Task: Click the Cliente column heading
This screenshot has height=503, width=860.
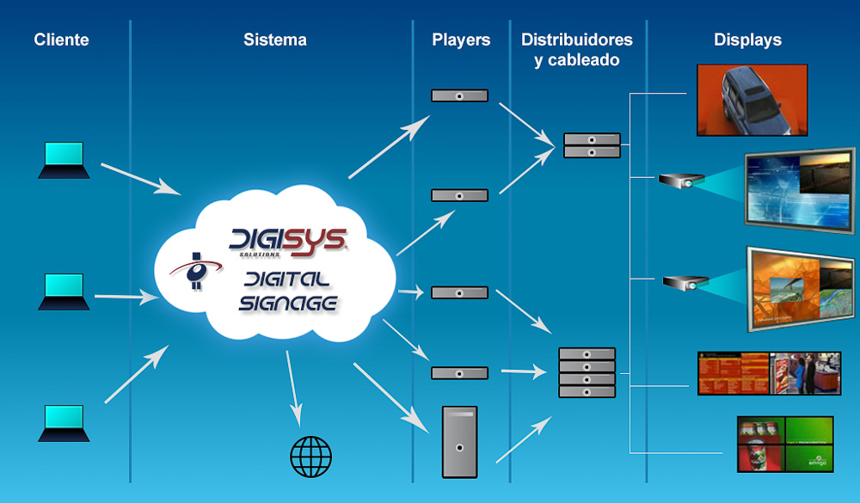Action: coord(61,40)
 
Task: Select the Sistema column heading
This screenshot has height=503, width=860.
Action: coord(274,40)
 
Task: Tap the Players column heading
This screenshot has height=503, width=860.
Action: coord(461,40)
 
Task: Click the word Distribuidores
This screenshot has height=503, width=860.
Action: coord(576,40)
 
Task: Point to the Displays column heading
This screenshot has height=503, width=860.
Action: coord(747,40)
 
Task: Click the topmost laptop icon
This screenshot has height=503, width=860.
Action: coord(64,161)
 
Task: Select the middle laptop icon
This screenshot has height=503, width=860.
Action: coord(64,292)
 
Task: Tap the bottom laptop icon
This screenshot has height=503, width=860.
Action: coord(64,424)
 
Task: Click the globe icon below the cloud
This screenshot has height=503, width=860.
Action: coord(310,457)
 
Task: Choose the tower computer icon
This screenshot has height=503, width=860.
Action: coord(459,442)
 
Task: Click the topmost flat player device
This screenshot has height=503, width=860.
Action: coord(459,95)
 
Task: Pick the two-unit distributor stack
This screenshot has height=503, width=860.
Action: coord(592,145)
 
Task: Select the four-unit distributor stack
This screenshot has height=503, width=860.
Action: coord(587,372)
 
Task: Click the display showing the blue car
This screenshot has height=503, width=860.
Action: coord(752,100)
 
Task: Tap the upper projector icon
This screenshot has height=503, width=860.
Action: coord(682,181)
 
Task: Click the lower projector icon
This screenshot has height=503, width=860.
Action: coord(685,282)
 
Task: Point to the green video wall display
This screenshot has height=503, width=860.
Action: coord(784,445)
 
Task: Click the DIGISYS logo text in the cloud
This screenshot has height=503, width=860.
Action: coord(288,242)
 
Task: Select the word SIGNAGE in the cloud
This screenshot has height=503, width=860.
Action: coord(288,303)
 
